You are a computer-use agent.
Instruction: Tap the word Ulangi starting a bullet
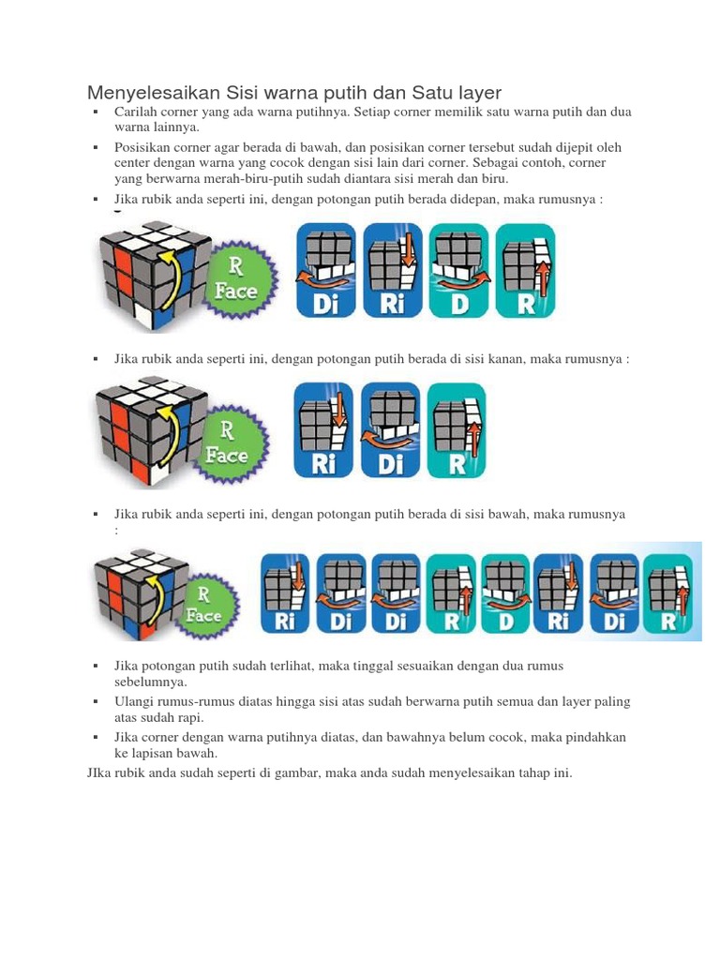coord(133,701)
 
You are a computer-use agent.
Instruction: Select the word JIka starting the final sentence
coord(99,773)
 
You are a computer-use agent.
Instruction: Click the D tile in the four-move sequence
coord(458,270)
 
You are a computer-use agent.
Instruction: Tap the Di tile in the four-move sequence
coord(326,270)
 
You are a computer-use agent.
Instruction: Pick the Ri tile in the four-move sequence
coord(393,270)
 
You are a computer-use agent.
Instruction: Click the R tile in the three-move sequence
coord(457,430)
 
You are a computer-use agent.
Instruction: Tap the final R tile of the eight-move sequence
coord(670,596)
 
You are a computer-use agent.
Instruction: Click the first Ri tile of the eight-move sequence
coord(285,596)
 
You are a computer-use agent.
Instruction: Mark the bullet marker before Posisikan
coord(96,148)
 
